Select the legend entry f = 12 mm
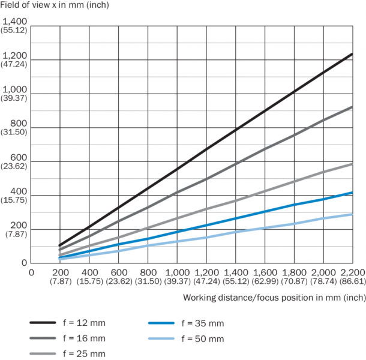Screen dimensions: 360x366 (83, 323)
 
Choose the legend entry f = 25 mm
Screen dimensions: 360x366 (83, 354)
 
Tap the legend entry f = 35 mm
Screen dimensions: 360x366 (202, 323)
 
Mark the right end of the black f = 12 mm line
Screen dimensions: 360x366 (352, 54)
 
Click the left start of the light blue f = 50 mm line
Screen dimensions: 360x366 (60, 259)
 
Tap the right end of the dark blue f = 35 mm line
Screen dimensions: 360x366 (352, 193)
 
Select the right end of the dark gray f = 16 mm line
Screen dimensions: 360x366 (352, 107)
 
